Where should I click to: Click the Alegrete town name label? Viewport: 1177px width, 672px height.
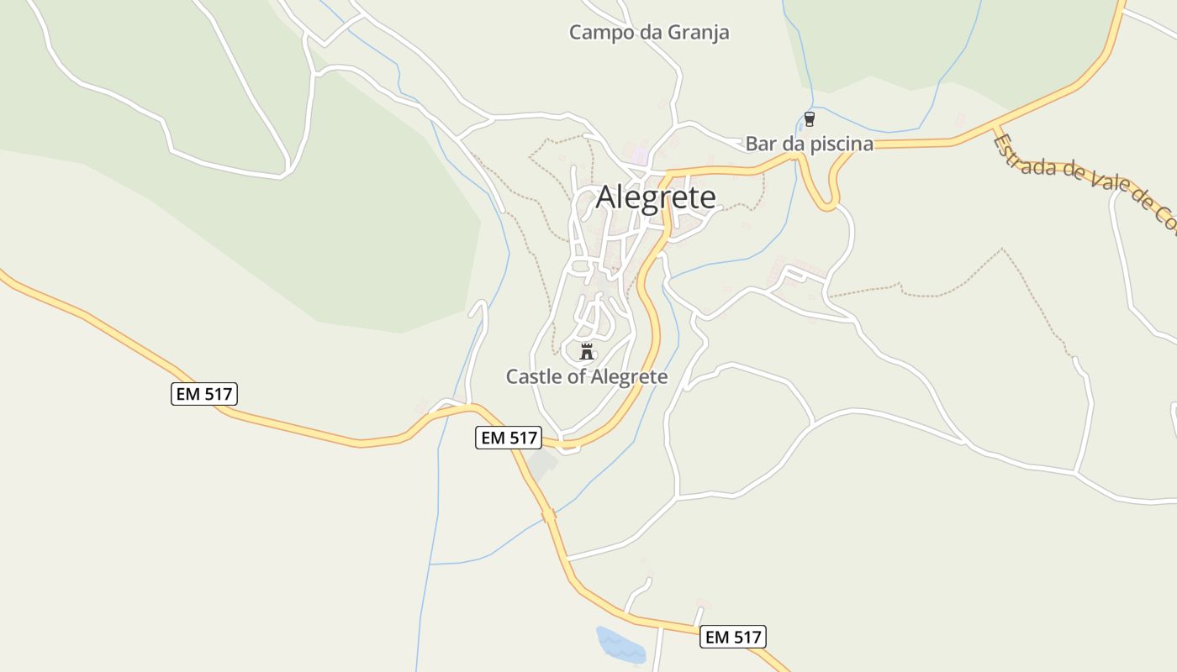click(x=656, y=197)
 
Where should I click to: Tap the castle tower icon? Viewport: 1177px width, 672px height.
click(x=587, y=351)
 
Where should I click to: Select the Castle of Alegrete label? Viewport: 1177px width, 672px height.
click(x=587, y=376)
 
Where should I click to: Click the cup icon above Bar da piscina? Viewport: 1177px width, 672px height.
click(x=809, y=119)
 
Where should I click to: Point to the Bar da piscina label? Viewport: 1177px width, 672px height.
click(x=809, y=144)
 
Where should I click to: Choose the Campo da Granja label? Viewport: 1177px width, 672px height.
click(x=649, y=33)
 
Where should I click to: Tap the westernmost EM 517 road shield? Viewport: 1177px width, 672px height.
click(x=204, y=393)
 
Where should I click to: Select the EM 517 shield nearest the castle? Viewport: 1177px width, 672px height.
click(x=509, y=438)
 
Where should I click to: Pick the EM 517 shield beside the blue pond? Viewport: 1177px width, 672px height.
click(x=733, y=637)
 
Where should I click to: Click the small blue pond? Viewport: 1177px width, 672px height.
click(x=620, y=644)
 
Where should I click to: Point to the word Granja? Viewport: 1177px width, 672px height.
click(x=697, y=33)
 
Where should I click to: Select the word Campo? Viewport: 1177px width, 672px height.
click(x=600, y=33)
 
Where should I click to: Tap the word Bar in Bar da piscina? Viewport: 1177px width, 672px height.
click(x=760, y=144)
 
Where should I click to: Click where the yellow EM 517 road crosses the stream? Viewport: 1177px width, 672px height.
click(x=549, y=515)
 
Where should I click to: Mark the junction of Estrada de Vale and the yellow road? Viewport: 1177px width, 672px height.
click(x=995, y=129)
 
